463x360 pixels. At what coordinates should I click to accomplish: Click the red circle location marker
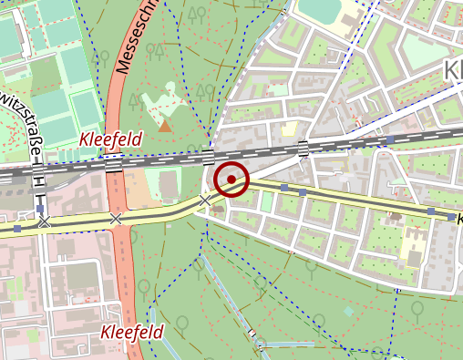pyautogui.click(x=232, y=179)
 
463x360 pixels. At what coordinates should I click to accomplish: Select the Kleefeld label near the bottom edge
pyautogui.click(x=132, y=333)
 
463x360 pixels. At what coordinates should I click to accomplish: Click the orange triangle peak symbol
pyautogui.click(x=164, y=126)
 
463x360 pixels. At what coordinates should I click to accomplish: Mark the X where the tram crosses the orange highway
pyautogui.click(x=115, y=219)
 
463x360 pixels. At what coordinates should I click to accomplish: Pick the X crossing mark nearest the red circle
pyautogui.click(x=205, y=200)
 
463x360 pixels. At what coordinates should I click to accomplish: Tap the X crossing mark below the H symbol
pyautogui.click(x=43, y=221)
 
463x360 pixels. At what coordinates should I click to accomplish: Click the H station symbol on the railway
pyautogui.click(x=39, y=181)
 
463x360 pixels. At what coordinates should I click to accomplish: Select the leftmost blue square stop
pyautogui.click(x=17, y=229)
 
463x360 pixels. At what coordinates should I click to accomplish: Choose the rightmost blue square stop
pyautogui.click(x=451, y=217)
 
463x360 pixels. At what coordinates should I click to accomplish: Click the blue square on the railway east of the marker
pyautogui.click(x=389, y=139)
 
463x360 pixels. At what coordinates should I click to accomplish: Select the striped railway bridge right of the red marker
pyautogui.click(x=304, y=149)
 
